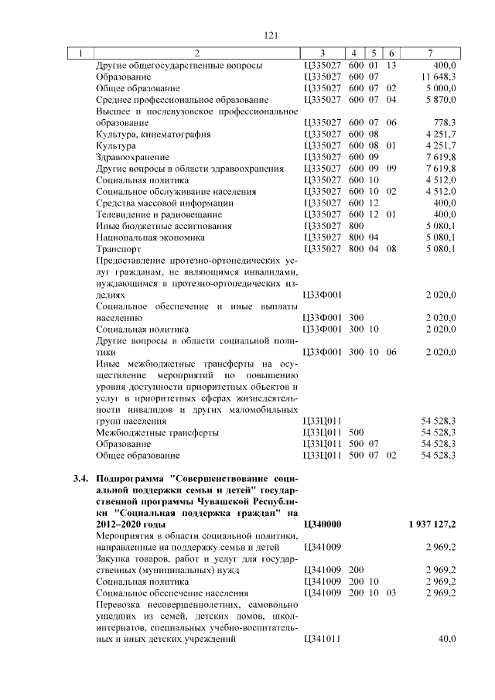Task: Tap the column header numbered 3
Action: [x=323, y=53]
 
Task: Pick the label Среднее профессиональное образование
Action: [x=182, y=100]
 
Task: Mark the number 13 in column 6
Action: [x=391, y=65]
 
